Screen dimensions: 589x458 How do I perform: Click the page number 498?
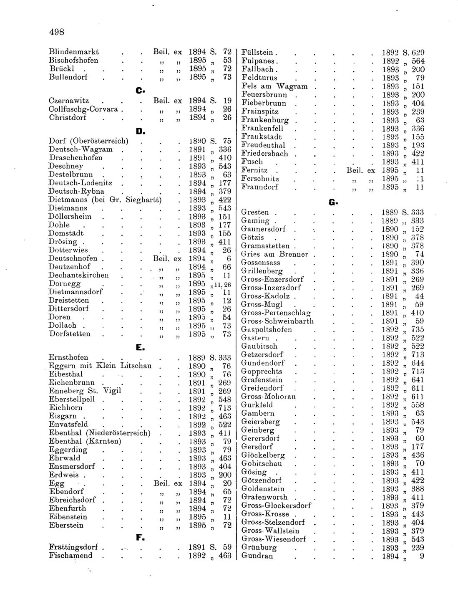pyautogui.click(x=56, y=32)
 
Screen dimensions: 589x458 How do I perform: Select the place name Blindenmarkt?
pyautogui.click(x=74, y=52)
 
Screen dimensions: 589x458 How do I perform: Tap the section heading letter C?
pyautogui.click(x=139, y=90)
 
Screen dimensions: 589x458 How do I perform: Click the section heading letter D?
pyautogui.click(x=140, y=132)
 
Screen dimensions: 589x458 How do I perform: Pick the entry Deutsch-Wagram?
pyautogui.click(x=81, y=149)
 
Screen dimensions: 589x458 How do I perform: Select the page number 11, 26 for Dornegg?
pyautogui.click(x=221, y=284)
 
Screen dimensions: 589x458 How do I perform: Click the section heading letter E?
pyautogui.click(x=140, y=347)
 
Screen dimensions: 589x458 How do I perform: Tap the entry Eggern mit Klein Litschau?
pyautogui.click(x=100, y=366)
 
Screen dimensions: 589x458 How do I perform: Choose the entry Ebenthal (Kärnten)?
pyautogui.click(x=85, y=441)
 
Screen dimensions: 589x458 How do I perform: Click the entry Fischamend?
pyautogui.click(x=70, y=556)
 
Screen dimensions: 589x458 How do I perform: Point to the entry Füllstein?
pyautogui.click(x=257, y=53)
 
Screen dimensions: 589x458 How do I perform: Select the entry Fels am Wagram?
pyautogui.click(x=274, y=86)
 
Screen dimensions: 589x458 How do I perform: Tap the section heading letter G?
pyautogui.click(x=332, y=202)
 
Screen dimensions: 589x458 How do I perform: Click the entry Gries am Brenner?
pyautogui.click(x=274, y=254)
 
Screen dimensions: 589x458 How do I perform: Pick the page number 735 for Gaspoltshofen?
pyautogui.click(x=418, y=329)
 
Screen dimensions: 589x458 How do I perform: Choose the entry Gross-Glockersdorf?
pyautogui.click(x=276, y=506)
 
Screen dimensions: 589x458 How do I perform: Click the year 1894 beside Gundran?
pyautogui.click(x=390, y=556)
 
